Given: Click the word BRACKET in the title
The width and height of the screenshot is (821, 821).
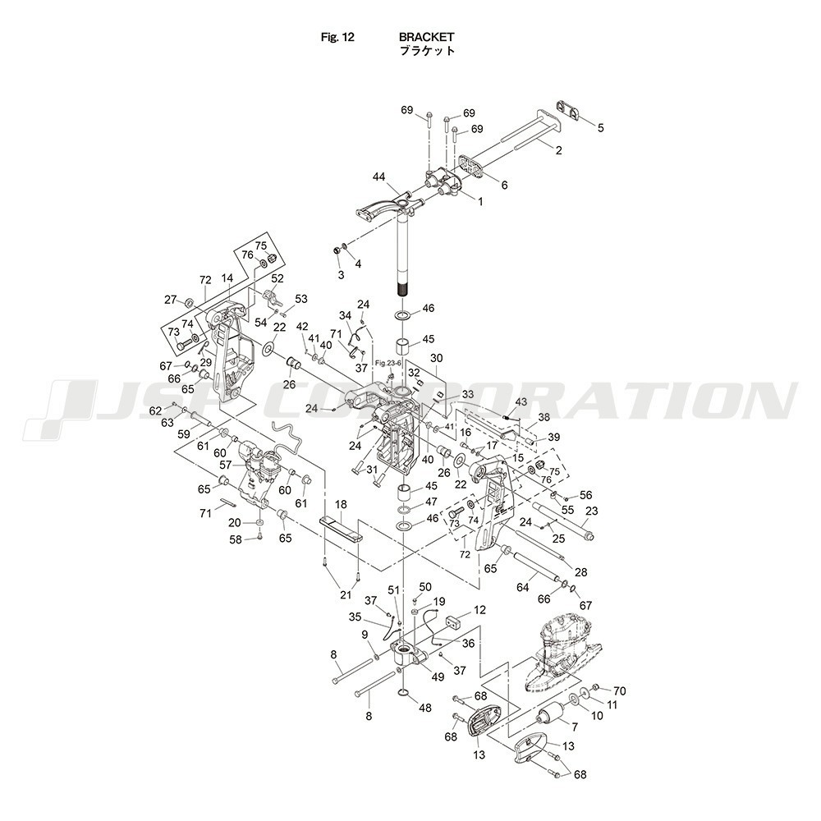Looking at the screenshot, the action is pos(426,37).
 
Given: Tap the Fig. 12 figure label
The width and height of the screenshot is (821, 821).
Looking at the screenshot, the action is pos(337,37).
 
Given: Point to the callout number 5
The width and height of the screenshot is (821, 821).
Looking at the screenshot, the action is pos(601,127).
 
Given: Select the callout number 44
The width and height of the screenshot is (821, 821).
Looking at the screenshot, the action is pos(378,177).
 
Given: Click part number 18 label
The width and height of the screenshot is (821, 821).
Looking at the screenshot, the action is pos(341,504).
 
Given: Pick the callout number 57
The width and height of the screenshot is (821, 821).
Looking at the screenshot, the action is pos(225,465).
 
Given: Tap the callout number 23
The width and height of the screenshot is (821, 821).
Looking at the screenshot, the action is pos(592,511).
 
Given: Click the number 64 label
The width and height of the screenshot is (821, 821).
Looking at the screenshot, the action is pos(522,588).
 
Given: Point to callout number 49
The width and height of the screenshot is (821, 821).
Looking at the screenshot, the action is pos(438,677).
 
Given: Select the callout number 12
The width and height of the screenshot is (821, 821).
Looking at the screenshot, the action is pos(479,610).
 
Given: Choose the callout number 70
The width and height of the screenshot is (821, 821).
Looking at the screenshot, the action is pos(619,691).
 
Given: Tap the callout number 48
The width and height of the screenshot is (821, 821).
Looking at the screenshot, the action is pos(424,708).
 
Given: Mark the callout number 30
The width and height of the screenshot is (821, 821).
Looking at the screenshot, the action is pos(436,358).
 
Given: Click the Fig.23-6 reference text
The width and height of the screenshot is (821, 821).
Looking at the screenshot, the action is pos(388,363).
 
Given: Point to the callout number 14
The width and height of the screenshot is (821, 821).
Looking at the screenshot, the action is pos(227,279).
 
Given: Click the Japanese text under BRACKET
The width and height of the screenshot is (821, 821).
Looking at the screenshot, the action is pos(427,51).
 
